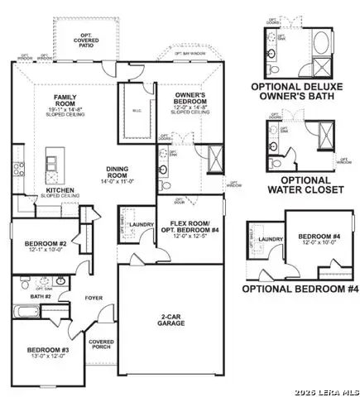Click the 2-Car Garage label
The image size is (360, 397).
pyautogui.click(x=170, y=318)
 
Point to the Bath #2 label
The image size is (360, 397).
pyautogui.click(x=42, y=296)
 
